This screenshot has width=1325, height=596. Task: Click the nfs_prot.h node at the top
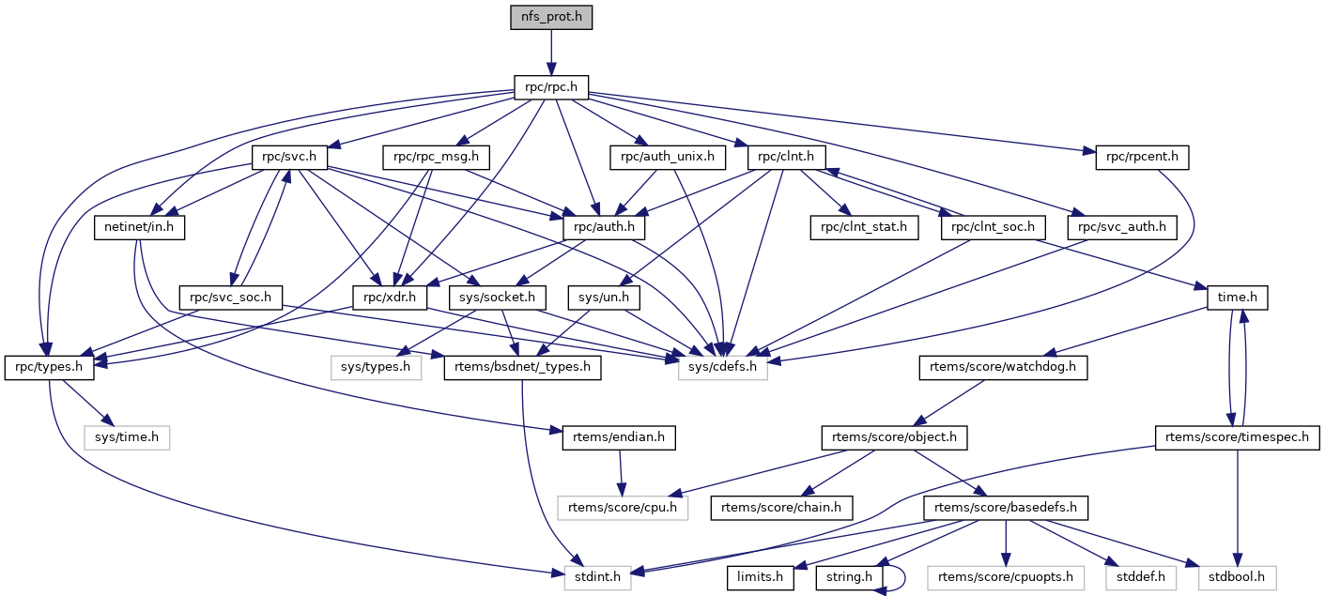pos(551,17)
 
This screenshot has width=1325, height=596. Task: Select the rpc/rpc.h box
pos(551,88)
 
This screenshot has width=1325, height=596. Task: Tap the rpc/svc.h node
pos(288,157)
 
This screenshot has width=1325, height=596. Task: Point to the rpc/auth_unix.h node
pos(669,157)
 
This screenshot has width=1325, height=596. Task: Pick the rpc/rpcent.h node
pos(1142,157)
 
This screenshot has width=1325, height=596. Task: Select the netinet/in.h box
pos(139,227)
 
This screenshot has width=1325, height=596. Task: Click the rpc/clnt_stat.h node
pos(864,227)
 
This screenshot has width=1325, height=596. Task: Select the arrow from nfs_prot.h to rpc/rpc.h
pos(551,52)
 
